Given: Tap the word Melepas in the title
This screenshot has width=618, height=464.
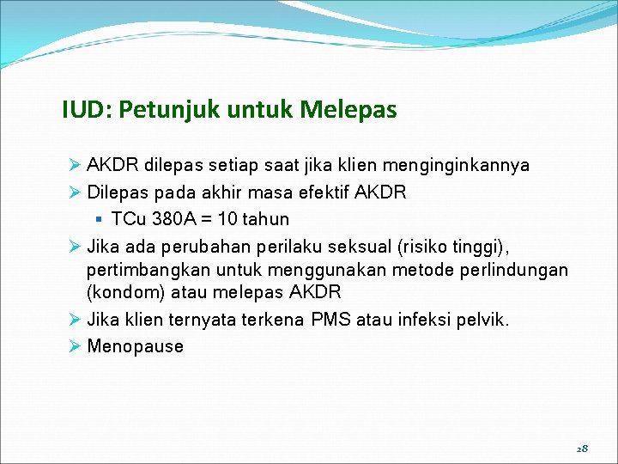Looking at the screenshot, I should (348, 110).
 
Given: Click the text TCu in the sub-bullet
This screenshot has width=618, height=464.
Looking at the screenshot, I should (128, 218).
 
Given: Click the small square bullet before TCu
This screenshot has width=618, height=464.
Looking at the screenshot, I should (101, 218).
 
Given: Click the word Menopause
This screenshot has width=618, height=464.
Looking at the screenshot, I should (136, 347).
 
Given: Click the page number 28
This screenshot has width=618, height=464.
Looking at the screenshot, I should (582, 449).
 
